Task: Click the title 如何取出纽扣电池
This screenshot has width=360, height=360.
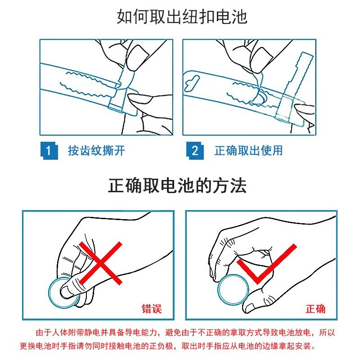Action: (182, 17)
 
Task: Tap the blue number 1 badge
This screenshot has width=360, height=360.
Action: (49, 151)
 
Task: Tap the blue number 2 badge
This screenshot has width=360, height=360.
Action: (195, 151)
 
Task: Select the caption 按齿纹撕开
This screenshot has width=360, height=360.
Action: (96, 151)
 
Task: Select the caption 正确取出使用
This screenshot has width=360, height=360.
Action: (249, 151)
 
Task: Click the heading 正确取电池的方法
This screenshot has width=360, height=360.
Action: (177, 185)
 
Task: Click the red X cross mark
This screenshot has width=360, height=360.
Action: (100, 263)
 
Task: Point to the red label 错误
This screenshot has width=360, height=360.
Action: (152, 309)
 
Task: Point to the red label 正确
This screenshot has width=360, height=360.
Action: (316, 309)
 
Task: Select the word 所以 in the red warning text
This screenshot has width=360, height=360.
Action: (327, 332)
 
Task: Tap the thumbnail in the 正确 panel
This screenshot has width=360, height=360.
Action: (249, 307)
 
